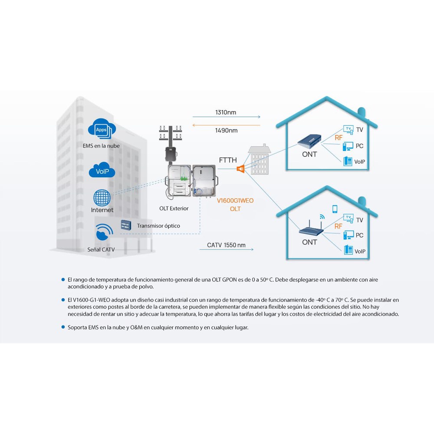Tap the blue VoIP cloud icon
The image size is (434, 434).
102,170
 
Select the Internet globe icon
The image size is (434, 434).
102,197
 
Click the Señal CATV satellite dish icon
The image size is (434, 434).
104,232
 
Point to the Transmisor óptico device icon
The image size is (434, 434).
126,225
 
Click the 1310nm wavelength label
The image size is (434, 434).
226,112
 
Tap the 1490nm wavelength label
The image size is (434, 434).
226,130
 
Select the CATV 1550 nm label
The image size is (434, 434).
226,245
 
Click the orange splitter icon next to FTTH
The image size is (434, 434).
240,168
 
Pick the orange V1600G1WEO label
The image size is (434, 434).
235,201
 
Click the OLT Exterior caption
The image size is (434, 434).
174,208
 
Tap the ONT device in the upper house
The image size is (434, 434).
309,141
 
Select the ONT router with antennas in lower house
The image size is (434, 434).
311,227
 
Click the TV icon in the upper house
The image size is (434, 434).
349,130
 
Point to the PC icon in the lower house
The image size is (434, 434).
349,235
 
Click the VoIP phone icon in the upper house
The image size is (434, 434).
348,161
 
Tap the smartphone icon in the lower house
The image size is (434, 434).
335,209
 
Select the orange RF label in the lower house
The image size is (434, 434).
338,226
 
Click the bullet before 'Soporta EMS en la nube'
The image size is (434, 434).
63,327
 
